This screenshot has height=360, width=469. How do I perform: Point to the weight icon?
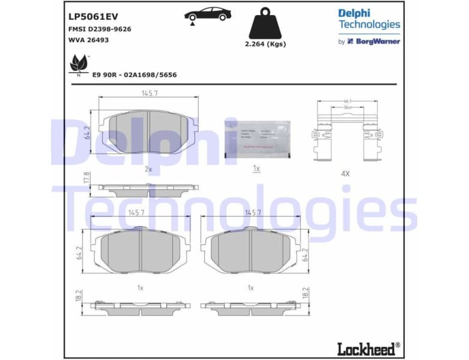click(x=265, y=23)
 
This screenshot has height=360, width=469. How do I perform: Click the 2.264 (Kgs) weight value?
click(x=265, y=44)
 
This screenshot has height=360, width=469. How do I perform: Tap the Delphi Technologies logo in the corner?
click(x=369, y=19)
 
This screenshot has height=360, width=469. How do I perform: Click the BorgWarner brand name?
click(x=378, y=41)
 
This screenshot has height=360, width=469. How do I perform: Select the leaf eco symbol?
click(x=78, y=63)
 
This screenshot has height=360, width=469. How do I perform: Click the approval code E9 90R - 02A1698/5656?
click(x=134, y=75)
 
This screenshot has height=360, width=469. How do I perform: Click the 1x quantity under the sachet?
click(x=256, y=169)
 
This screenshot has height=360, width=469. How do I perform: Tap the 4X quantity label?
click(x=345, y=174)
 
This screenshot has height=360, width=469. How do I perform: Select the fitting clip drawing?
click(x=345, y=135)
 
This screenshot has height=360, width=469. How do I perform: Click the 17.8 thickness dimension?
click(x=86, y=178)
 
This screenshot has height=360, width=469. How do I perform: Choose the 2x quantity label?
click(x=148, y=169)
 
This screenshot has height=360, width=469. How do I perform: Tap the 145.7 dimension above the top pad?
click(x=150, y=94)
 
